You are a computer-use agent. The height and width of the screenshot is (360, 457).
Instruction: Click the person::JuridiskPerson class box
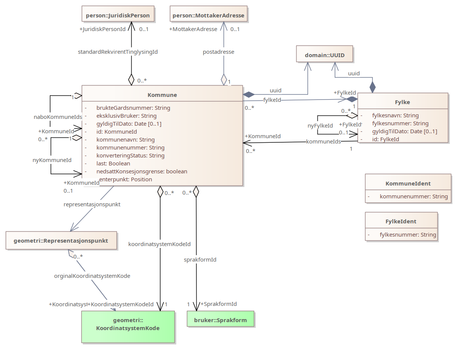(x=118, y=16)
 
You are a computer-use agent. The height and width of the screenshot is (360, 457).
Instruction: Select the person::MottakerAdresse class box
(x=208, y=16)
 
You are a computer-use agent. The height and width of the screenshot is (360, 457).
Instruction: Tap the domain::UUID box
(x=324, y=56)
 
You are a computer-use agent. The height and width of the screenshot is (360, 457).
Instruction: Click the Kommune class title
(x=162, y=95)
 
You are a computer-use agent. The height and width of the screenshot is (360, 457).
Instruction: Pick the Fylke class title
(x=403, y=102)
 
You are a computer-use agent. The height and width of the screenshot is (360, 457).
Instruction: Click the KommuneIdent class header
(x=408, y=183)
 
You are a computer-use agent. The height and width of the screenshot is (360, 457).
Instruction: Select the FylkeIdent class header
(x=401, y=221)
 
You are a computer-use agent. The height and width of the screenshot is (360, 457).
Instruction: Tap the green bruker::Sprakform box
(x=220, y=320)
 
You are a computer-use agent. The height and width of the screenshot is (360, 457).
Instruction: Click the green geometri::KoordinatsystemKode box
(x=128, y=324)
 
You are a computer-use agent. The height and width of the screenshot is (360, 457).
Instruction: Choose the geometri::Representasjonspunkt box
(x=61, y=240)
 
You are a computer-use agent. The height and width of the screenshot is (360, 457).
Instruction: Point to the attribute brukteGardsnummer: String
(x=133, y=108)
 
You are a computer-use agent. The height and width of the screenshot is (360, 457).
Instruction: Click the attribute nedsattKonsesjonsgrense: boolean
(x=141, y=171)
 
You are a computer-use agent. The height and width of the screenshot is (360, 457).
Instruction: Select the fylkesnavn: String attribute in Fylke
(x=395, y=115)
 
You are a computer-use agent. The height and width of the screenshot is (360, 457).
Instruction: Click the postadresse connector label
(x=218, y=52)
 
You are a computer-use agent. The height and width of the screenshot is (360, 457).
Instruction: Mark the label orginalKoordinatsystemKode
(x=92, y=276)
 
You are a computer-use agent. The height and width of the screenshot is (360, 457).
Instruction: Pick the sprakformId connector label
(x=200, y=260)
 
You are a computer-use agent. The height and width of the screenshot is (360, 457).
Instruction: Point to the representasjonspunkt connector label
(x=92, y=204)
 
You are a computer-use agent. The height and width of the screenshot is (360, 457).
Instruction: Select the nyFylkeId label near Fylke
(x=320, y=126)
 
